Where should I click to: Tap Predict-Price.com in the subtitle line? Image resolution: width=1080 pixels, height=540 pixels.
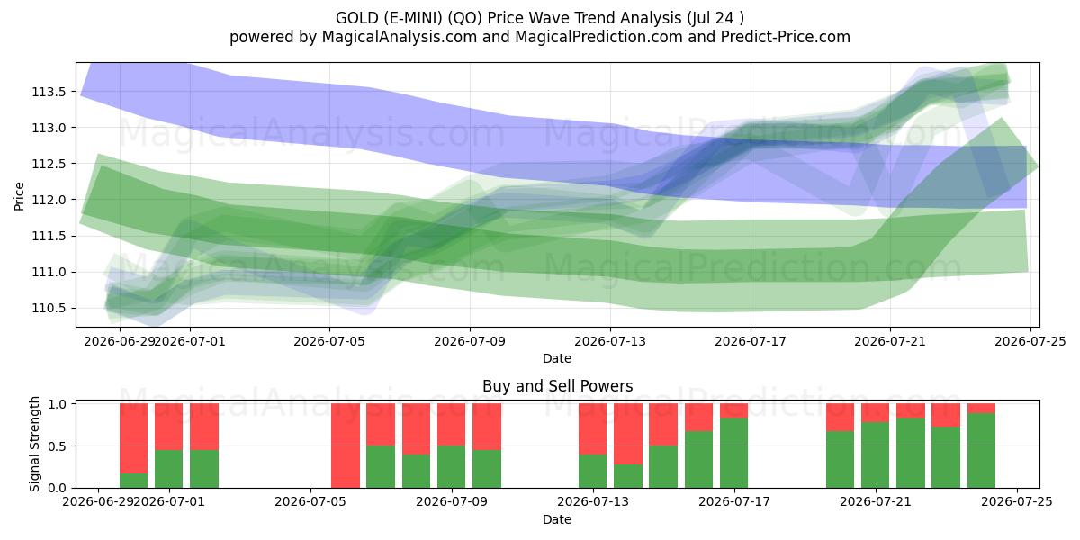click(x=786, y=37)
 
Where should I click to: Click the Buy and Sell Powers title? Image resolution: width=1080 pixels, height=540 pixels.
click(x=557, y=386)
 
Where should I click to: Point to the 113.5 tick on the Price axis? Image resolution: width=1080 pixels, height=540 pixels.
click(x=50, y=92)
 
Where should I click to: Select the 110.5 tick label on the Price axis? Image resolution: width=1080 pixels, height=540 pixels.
click(x=50, y=308)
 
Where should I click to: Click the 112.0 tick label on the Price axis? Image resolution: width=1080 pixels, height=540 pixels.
click(x=50, y=200)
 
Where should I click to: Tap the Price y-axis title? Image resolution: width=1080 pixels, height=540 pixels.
click(x=19, y=196)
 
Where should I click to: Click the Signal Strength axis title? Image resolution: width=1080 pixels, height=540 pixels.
click(x=34, y=444)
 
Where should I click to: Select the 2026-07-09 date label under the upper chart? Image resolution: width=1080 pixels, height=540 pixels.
click(x=470, y=341)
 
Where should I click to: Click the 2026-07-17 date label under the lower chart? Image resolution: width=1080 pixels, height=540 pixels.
click(x=734, y=501)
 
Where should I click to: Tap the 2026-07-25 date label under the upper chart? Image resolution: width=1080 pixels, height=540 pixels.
click(x=1030, y=341)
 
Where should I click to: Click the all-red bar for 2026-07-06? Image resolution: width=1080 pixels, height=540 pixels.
click(x=346, y=445)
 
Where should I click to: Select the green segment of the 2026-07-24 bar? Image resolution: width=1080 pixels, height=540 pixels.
click(x=981, y=450)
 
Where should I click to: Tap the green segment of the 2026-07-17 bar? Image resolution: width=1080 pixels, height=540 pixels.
click(x=733, y=453)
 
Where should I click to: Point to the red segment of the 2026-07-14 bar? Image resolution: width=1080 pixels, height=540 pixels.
click(x=628, y=434)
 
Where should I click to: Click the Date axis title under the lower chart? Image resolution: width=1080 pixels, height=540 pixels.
click(x=557, y=519)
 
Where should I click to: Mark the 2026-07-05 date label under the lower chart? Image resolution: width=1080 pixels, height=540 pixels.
click(x=310, y=501)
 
